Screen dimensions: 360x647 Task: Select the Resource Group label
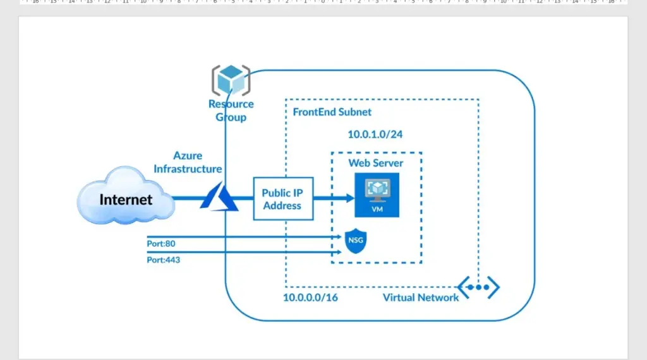pos(231,111)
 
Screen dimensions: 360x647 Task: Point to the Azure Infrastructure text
pos(188,162)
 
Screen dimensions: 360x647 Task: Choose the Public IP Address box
pos(282,198)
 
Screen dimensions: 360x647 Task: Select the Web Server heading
pos(376,163)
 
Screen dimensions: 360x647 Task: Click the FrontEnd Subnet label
pos(332,112)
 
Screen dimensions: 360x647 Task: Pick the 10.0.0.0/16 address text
pos(310,297)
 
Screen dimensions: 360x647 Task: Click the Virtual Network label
pos(421,297)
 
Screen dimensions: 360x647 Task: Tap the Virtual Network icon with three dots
pos(478,287)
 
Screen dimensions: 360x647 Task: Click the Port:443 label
pos(163,259)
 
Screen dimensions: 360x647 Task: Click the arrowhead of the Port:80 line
pos(339,237)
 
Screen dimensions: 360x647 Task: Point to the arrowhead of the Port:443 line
pos(339,252)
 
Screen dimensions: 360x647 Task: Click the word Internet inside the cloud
pos(126,200)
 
